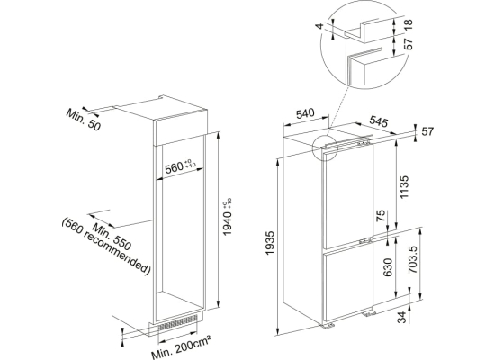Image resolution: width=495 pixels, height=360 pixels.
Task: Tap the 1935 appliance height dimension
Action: tap(271, 243)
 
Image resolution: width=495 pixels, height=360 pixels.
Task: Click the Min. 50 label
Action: tap(83, 120)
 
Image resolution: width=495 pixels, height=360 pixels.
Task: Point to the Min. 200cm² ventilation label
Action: tap(181, 347)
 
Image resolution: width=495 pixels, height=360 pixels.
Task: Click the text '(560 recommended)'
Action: tap(106, 247)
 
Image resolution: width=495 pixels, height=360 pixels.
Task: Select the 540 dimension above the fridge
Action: tap(306, 113)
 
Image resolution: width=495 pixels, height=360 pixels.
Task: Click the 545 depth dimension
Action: tap(378, 121)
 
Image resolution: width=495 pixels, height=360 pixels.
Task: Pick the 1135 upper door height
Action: tap(404, 187)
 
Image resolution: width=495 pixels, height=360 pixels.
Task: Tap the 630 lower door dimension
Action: tap(387, 267)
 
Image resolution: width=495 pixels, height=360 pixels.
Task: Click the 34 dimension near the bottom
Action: tap(401, 317)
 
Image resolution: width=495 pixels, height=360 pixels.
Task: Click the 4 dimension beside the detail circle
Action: tap(321, 26)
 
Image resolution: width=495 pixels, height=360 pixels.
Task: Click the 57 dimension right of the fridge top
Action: tap(428, 131)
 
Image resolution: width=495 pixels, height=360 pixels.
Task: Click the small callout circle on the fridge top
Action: tap(324, 148)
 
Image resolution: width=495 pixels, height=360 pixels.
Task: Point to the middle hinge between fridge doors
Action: tap(365, 240)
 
